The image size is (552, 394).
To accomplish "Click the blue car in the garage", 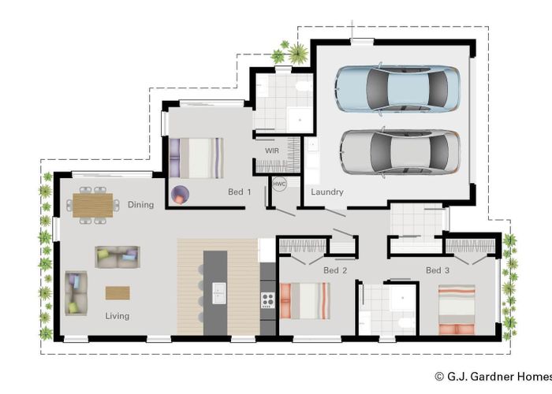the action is (397, 89).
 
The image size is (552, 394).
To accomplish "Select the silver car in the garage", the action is (401, 152).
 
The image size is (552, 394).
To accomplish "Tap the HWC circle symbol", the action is (279, 184).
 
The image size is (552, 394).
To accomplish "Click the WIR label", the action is (272, 151).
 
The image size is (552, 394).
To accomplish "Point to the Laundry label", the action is (327, 192).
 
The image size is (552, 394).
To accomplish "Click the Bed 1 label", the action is (240, 191).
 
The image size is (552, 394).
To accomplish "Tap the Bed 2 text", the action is (335, 270).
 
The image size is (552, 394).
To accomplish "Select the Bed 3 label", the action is (438, 270).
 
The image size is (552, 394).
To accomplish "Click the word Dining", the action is (141, 205).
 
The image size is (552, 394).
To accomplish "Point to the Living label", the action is (117, 316).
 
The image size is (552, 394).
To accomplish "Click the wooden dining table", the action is (93, 205).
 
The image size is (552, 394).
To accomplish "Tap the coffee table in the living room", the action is (117, 292).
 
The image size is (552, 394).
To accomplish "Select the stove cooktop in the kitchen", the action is (268, 300).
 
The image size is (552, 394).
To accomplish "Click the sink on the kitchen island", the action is (218, 293).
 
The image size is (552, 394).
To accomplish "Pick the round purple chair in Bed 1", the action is (180, 195).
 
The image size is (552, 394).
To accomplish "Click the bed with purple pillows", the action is (196, 158).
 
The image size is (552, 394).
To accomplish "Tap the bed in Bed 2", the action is (305, 301).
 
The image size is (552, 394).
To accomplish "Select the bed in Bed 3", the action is (457, 310).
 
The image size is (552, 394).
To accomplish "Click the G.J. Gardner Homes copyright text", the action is (493, 377).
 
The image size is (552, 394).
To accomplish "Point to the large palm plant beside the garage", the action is (299, 54).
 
